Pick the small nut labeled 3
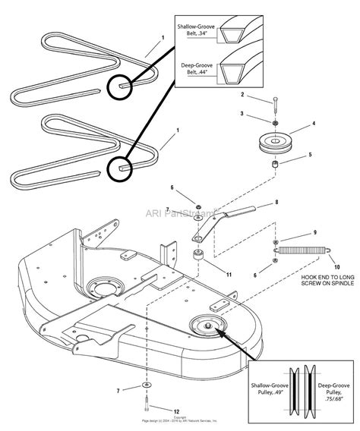coord(273,123)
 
